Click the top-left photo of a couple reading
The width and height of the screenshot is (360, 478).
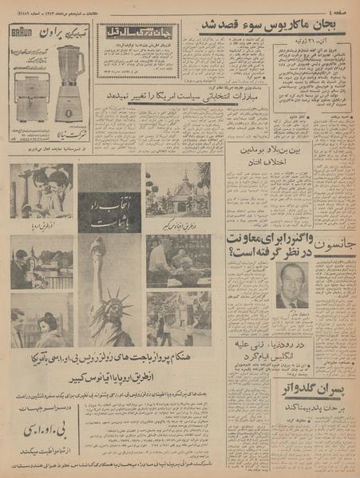coord(42,192)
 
